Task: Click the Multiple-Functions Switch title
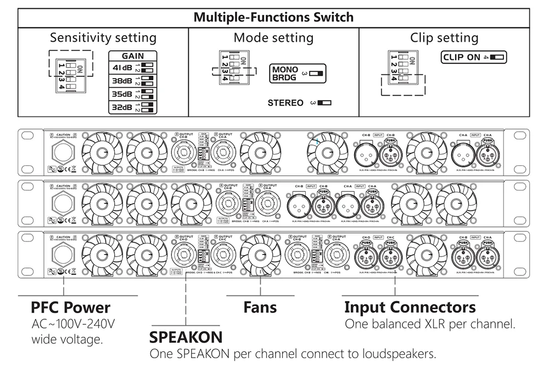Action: tap(273, 17)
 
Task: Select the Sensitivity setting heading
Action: tap(103, 38)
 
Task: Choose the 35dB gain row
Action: tap(133, 94)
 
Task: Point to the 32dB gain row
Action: tap(133, 107)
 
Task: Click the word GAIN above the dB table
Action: tap(133, 56)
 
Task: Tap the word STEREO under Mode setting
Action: tap(285, 103)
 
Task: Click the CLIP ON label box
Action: tap(473, 57)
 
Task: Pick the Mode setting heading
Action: tap(273, 38)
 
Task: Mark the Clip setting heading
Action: tap(444, 38)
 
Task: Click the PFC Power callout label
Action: tap(70, 307)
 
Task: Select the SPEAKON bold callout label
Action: tap(186, 336)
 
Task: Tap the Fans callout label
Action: tap(260, 307)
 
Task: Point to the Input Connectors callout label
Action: tap(410, 307)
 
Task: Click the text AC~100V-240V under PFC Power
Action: tap(74, 324)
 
